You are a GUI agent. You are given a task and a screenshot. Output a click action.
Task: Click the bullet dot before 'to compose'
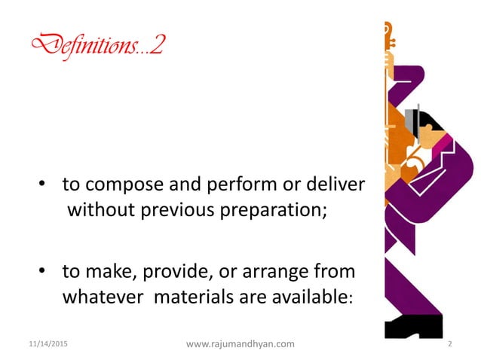pos(44,185)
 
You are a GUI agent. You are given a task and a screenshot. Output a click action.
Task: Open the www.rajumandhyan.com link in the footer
pos(240,344)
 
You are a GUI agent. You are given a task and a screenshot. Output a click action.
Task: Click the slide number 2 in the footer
pos(449,344)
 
